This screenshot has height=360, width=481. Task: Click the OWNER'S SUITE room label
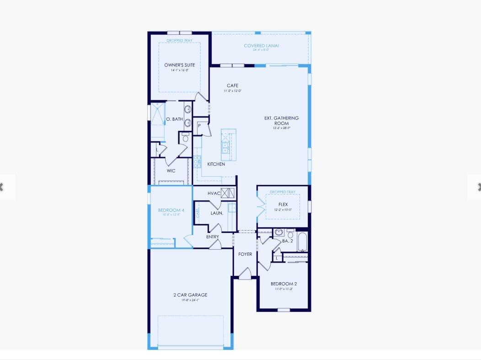click(x=180, y=65)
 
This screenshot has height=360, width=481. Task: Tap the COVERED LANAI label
click(x=261, y=46)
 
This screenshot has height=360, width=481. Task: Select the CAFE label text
click(x=232, y=86)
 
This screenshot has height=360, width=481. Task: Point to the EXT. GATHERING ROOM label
click(x=281, y=121)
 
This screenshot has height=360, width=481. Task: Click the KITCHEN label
click(x=216, y=164)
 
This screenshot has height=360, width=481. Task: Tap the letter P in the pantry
click(x=199, y=125)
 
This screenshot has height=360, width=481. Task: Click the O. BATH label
click(x=174, y=119)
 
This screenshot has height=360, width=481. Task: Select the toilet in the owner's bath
click(x=185, y=137)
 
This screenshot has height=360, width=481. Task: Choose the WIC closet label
click(x=171, y=171)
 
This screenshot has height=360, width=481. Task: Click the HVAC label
click(x=214, y=193)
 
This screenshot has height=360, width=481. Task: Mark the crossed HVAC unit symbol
click(x=228, y=192)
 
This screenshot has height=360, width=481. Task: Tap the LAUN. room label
click(x=217, y=213)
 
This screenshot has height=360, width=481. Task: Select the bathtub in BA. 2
click(x=302, y=242)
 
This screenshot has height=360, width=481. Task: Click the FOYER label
click(x=245, y=254)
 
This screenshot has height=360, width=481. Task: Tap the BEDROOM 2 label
click(x=283, y=284)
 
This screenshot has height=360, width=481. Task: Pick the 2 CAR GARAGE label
click(x=190, y=295)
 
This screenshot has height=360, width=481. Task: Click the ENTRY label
click(x=213, y=237)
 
